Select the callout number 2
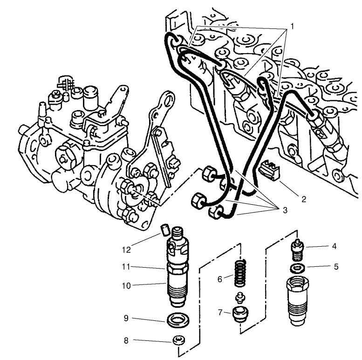tap(303, 199)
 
